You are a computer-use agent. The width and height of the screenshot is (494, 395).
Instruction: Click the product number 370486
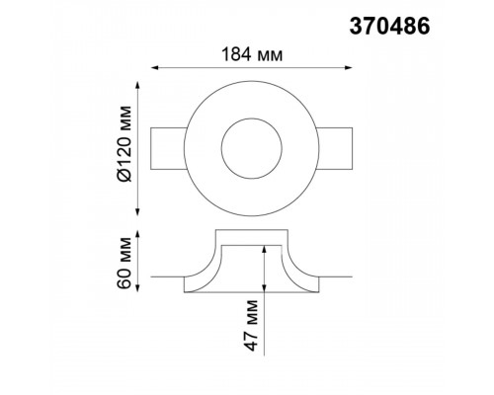(x=389, y=26)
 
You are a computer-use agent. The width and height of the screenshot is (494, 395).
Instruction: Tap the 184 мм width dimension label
(x=252, y=54)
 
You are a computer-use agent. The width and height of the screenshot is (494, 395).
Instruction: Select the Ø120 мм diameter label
(x=124, y=144)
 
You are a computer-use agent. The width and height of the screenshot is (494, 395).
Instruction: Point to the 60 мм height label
(x=124, y=263)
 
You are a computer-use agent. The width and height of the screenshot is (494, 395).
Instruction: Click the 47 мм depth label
(x=251, y=325)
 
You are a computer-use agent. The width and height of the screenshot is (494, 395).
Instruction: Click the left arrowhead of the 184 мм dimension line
(x=155, y=68)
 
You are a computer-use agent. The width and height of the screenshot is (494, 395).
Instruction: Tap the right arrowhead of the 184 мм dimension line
(x=348, y=68)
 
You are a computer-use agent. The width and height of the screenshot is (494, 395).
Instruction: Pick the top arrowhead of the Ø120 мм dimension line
(x=138, y=85)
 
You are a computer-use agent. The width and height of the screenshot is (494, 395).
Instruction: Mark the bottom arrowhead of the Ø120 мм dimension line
(x=138, y=211)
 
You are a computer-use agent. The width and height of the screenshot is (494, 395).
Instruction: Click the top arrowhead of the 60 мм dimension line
(x=138, y=235)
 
